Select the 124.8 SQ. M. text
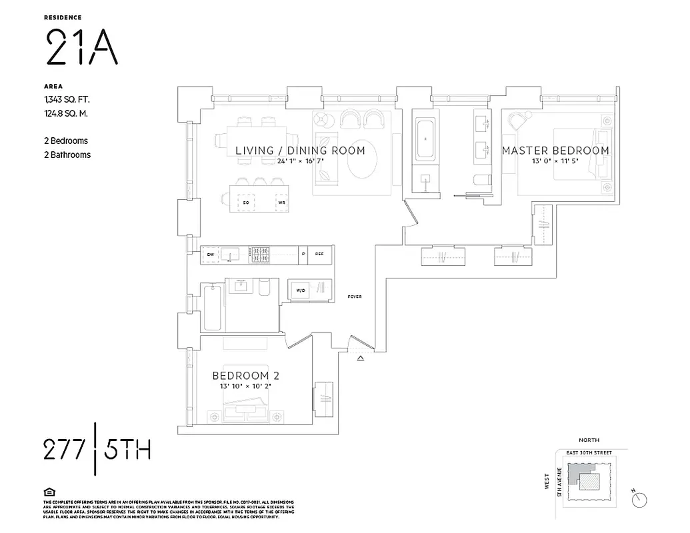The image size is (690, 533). pyautogui.click(x=65, y=113)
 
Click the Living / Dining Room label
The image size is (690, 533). pyautogui.click(x=300, y=151)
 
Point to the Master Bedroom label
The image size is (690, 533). pyautogui.click(x=555, y=151)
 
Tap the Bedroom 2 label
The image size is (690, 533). pyautogui.click(x=241, y=375)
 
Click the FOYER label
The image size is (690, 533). pyautogui.click(x=355, y=296)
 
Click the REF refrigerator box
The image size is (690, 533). pyautogui.click(x=319, y=254)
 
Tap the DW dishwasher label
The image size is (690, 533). pyautogui.click(x=211, y=254)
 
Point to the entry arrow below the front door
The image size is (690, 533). pyautogui.click(x=361, y=359)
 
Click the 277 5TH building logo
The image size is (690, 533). pyautogui.click(x=97, y=450)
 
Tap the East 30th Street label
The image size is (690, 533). pyautogui.click(x=589, y=453)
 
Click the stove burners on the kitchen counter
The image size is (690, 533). pyautogui.click(x=260, y=253)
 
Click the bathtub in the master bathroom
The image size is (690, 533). pyautogui.click(x=425, y=140)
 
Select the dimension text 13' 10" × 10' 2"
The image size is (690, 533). pyautogui.click(x=241, y=386)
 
